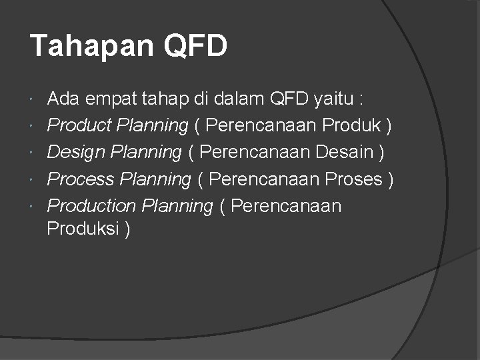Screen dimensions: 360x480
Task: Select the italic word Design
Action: click(75, 152)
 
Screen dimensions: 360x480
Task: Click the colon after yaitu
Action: click(361, 100)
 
